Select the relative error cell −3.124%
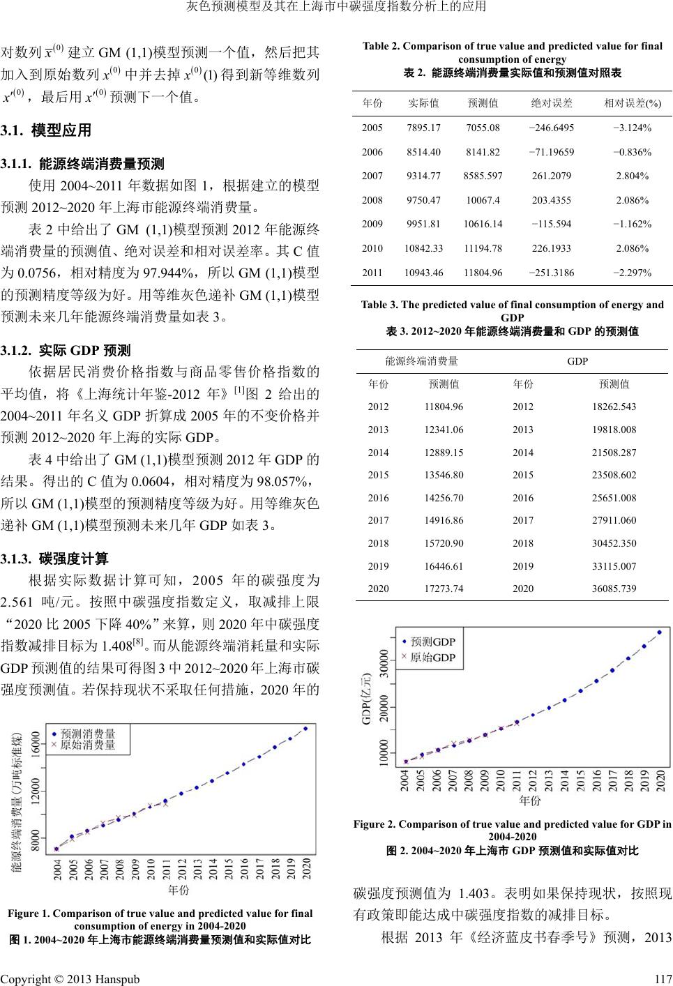[633, 128]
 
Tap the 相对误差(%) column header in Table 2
[633, 103]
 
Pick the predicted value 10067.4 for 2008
[483, 200]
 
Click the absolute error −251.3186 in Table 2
[552, 272]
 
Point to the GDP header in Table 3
[577, 361]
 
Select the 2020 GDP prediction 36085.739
[614, 589]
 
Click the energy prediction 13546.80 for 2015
[444, 475]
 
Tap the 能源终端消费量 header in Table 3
[422, 361]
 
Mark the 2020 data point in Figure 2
[659, 632]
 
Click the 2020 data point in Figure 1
[305, 729]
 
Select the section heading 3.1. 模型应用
[46, 130]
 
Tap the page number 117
[663, 978]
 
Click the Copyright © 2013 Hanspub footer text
[70, 978]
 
